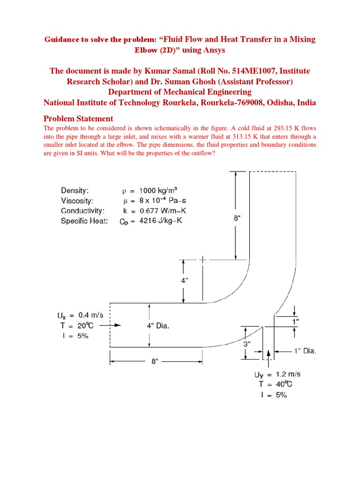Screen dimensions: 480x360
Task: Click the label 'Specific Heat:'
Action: [84, 221]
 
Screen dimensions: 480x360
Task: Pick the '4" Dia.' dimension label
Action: [157, 326]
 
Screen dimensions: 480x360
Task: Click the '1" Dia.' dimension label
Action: [305, 350]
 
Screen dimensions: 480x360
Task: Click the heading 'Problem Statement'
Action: [78, 118]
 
